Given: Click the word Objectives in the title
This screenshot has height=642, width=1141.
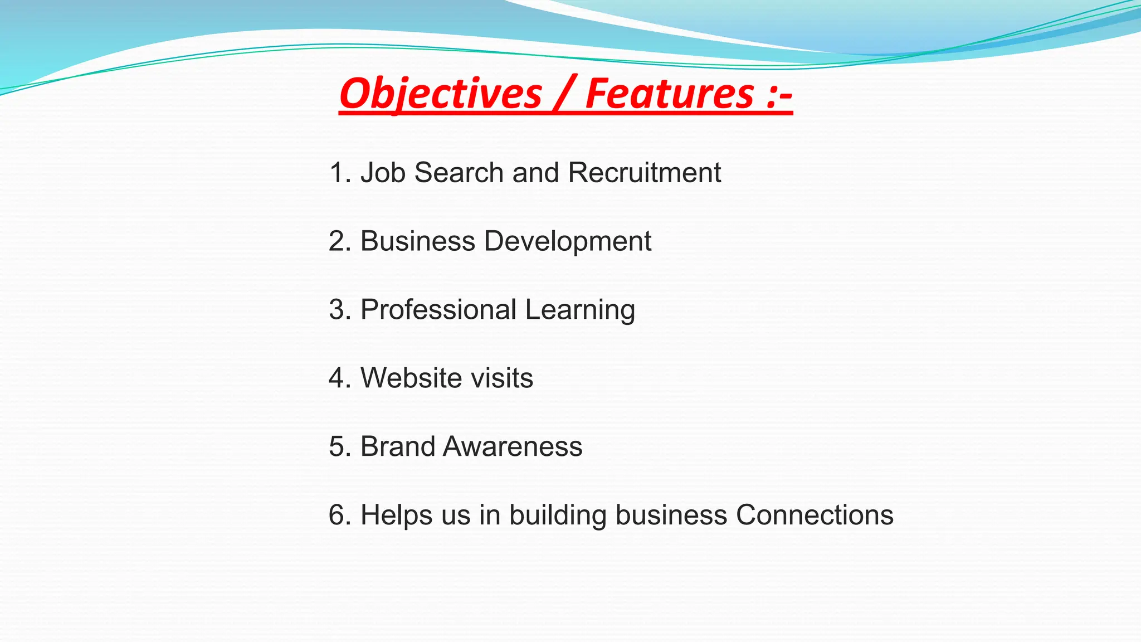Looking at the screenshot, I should point(440,94).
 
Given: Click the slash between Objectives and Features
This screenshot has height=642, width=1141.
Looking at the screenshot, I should point(563,94).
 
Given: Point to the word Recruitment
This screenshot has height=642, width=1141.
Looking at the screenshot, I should point(645,172).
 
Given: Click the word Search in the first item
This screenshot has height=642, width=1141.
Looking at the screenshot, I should point(459,172).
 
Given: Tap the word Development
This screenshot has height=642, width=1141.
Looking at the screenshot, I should point(568,241).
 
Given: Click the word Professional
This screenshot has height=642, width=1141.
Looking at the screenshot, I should point(438,309).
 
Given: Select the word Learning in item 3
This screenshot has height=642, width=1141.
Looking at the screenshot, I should point(579,310).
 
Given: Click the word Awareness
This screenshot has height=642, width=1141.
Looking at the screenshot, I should point(513,446).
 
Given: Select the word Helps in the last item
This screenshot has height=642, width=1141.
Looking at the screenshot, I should point(396,515).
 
